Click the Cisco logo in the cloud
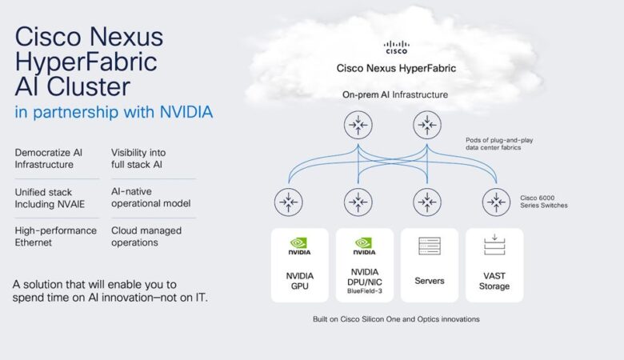click(396, 47)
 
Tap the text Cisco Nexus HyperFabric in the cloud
click(396, 68)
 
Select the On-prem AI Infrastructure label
click(395, 95)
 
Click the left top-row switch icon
click(358, 126)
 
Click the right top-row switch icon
click(427, 126)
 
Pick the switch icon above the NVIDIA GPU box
click(288, 202)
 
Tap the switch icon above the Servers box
click(428, 202)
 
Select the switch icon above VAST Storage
click(497, 202)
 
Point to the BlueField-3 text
click(364, 292)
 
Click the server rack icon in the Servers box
click(430, 246)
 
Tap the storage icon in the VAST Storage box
click(494, 245)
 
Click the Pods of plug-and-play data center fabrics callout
click(499, 144)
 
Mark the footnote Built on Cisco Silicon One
click(396, 318)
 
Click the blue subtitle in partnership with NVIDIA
click(114, 112)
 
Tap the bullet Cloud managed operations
click(146, 237)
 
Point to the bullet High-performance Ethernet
click(55, 237)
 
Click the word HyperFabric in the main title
click(86, 62)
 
